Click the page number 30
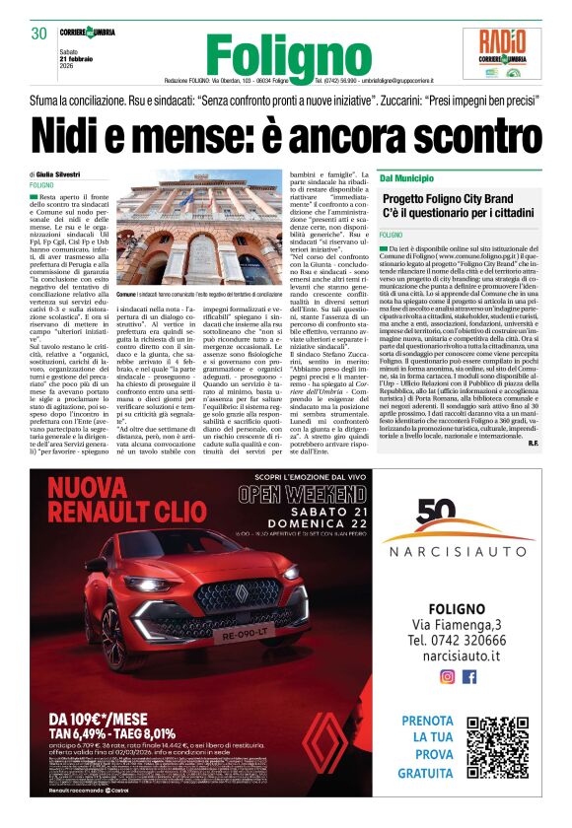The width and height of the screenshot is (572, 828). (x=39, y=34)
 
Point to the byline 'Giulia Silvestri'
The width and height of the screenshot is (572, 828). (x=64, y=173)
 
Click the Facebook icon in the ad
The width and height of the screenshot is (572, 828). (x=469, y=676)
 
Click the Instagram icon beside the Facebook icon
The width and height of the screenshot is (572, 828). (x=447, y=676)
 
